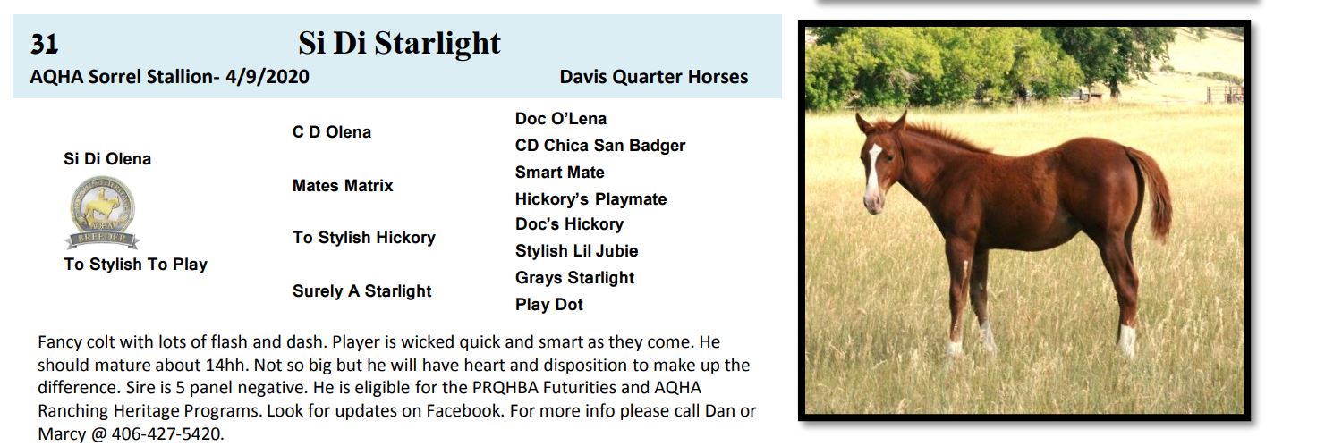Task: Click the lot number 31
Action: [45, 45]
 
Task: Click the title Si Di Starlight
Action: [399, 43]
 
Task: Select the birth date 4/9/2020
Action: [268, 77]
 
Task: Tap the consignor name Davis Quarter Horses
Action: [654, 77]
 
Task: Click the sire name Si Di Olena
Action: [107, 158]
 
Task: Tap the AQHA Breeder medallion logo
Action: [102, 212]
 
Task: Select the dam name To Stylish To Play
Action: [135, 264]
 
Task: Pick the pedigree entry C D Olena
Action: [332, 131]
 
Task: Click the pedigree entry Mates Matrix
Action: [343, 186]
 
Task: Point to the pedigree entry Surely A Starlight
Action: [362, 291]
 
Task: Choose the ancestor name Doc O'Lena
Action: [561, 119]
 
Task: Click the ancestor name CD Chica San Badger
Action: [600, 146]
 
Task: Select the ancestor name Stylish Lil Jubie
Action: [577, 251]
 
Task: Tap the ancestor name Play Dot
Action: [549, 304]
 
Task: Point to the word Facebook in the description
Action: [465, 410]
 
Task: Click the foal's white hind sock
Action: [1127, 340]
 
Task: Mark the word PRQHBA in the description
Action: [505, 388]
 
